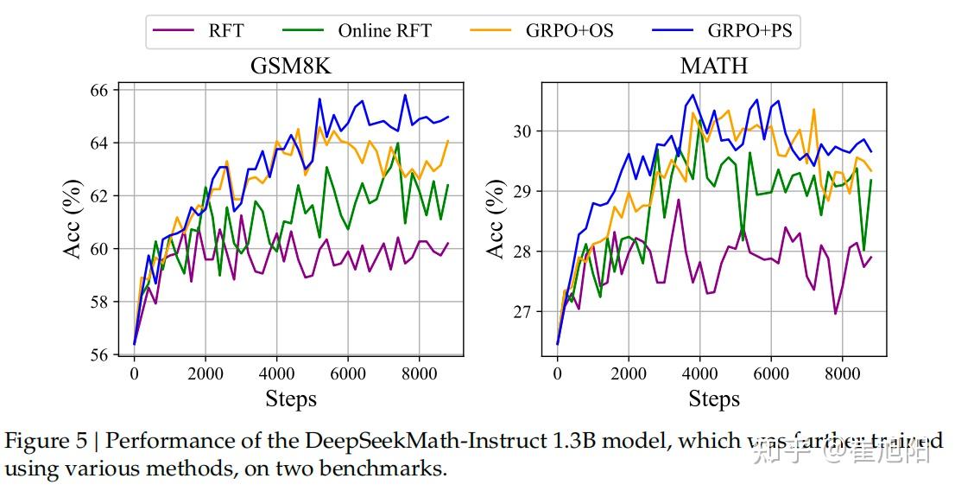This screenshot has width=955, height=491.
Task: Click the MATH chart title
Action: [713, 67]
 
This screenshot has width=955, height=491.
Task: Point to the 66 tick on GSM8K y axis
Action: [101, 90]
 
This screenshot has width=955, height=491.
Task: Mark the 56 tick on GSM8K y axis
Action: [101, 354]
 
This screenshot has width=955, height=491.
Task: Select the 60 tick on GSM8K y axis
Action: [101, 249]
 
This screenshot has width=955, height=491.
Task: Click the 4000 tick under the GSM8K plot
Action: [276, 373]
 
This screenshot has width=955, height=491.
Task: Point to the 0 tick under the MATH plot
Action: [557, 373]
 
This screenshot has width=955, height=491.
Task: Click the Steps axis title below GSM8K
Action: [290, 399]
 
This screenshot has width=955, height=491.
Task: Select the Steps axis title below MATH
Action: [714, 399]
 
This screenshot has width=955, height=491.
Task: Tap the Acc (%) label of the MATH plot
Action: [496, 220]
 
